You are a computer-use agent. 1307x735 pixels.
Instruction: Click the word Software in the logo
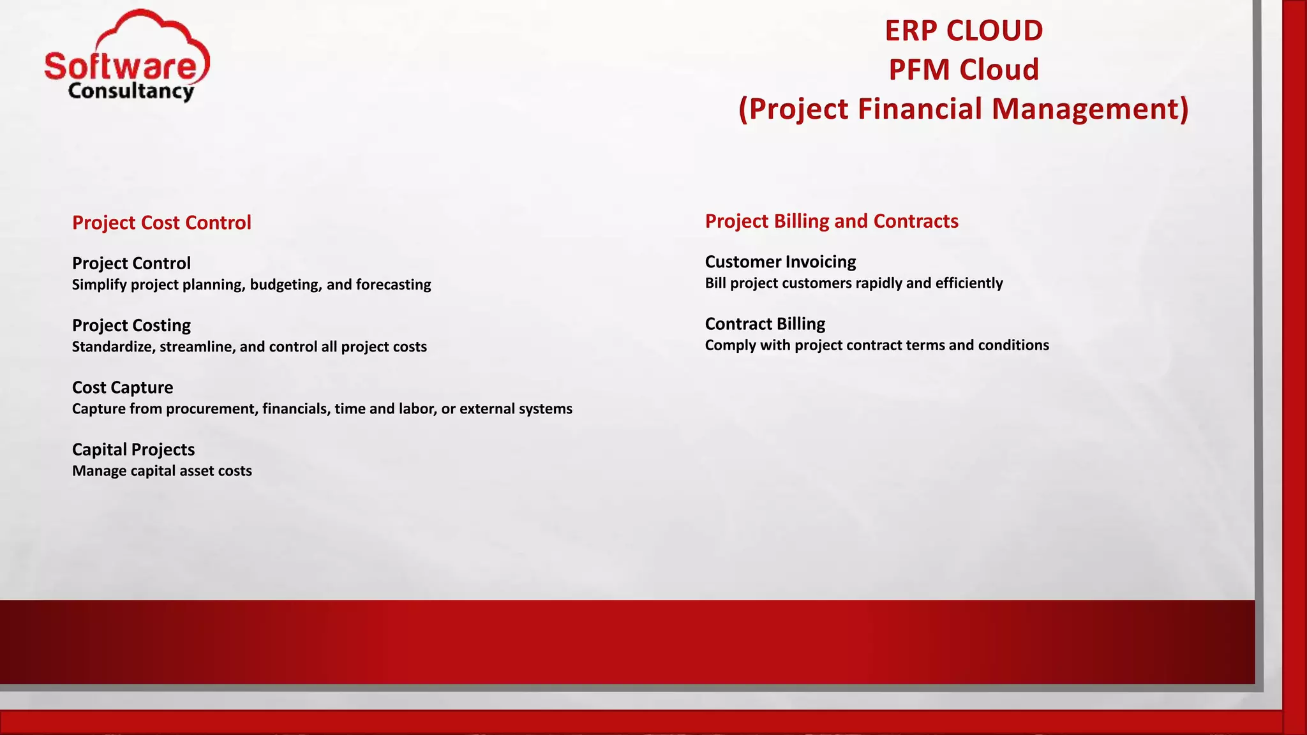click(121, 66)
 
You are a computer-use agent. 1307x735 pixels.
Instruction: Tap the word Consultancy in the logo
click(130, 91)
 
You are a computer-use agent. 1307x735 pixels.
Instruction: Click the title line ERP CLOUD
click(964, 31)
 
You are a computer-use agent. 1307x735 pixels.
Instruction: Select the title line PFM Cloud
click(964, 70)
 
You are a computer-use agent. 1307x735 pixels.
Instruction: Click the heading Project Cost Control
click(161, 223)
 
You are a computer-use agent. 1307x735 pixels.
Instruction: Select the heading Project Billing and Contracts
click(831, 221)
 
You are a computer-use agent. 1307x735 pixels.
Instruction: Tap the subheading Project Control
click(131, 263)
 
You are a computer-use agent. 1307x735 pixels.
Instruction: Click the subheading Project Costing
click(131, 325)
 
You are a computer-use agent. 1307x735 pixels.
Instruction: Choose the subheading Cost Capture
click(123, 387)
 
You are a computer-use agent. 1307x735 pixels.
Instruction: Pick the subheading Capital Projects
click(133, 449)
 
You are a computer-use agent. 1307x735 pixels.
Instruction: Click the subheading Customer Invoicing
click(780, 262)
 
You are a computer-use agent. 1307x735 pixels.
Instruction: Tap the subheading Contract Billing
click(765, 323)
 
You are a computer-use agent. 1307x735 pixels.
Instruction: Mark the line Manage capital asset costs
click(161, 471)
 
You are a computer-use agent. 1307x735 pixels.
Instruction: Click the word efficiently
click(969, 283)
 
